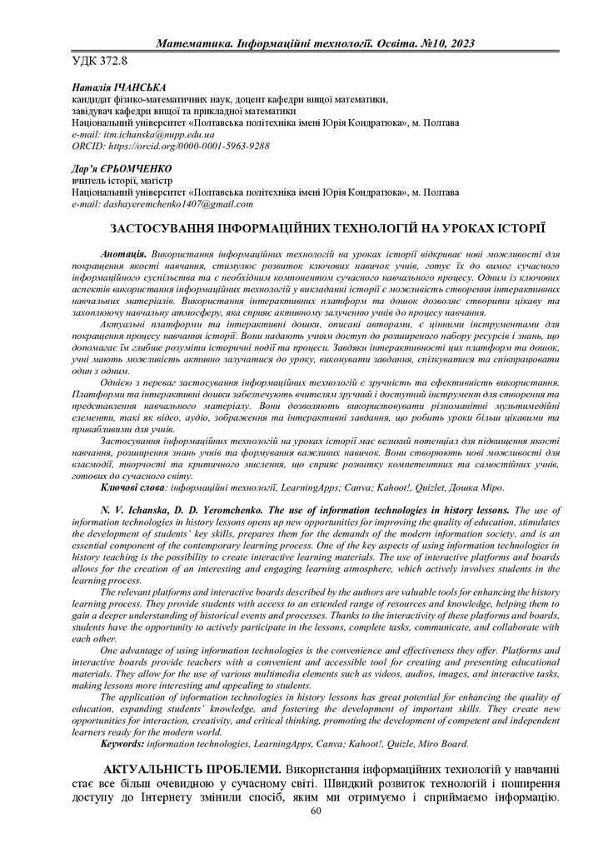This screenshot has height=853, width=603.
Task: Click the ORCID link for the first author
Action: [171, 145]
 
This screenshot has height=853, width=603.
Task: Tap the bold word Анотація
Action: [124, 252]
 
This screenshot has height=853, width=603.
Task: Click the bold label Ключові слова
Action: [132, 486]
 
